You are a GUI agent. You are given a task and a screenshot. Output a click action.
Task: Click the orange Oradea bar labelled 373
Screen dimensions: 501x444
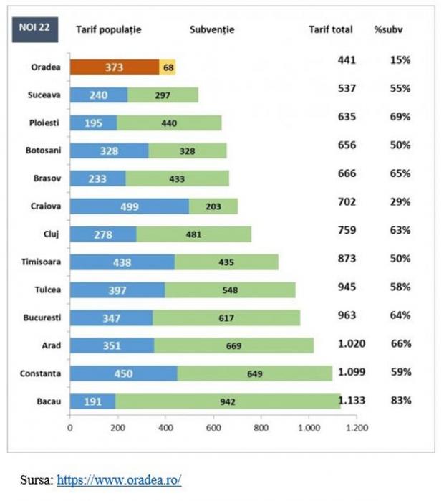click(115, 67)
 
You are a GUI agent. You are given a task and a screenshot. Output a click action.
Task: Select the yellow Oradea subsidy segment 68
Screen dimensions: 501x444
click(168, 67)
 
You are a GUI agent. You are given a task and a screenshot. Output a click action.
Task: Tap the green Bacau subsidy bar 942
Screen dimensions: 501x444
click(228, 401)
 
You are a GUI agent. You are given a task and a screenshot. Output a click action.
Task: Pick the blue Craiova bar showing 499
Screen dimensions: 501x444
click(130, 206)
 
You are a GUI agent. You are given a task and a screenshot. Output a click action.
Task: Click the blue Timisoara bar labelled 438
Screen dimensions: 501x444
click(122, 262)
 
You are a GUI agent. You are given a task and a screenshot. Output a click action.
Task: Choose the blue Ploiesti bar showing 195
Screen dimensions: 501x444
click(94, 123)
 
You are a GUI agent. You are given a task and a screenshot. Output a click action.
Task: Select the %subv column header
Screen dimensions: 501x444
click(390, 30)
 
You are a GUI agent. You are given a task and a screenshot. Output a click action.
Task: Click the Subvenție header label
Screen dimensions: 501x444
click(212, 30)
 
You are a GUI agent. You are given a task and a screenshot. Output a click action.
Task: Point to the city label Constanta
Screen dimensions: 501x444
click(40, 373)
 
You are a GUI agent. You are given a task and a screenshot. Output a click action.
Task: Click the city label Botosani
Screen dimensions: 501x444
click(42, 151)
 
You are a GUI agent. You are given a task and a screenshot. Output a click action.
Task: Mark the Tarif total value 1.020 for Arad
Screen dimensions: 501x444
click(351, 343)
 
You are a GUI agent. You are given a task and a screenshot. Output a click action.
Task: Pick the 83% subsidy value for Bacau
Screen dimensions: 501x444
click(401, 400)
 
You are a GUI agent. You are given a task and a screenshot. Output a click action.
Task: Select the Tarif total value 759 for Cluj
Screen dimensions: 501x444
click(347, 231)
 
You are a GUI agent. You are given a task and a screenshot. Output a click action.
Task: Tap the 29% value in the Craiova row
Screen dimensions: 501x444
click(401, 203)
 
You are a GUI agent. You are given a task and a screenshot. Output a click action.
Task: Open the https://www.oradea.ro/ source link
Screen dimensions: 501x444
click(119, 479)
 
